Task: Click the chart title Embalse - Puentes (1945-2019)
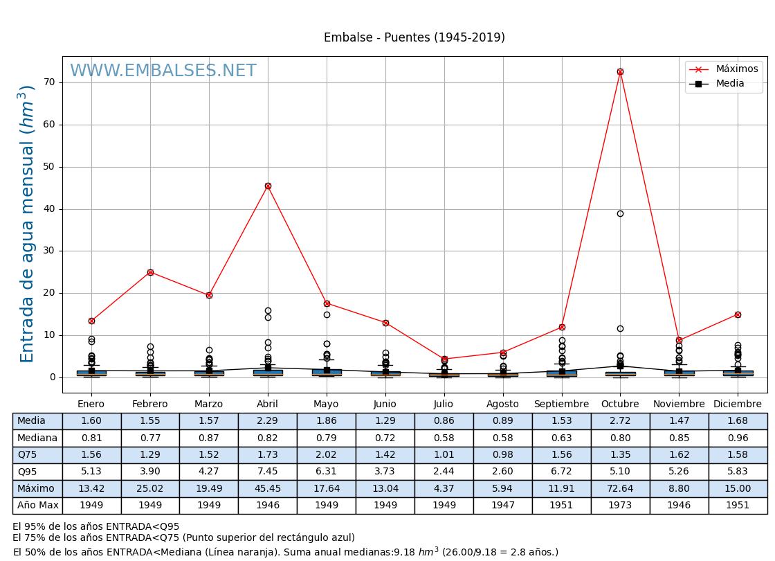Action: coord(414,38)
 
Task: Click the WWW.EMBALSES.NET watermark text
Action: coord(163,71)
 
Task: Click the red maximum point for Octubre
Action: coord(620,71)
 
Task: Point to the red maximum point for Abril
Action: coord(268,186)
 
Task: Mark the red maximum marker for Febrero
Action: coord(150,272)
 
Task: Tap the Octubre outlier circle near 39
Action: coord(620,213)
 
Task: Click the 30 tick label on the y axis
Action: coord(49,251)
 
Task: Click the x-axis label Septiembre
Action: coord(561,404)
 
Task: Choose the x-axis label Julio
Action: coord(444,404)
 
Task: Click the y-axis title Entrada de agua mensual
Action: coord(27,224)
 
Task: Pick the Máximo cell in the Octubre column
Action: coord(620,488)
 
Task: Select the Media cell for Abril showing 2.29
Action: coord(268,421)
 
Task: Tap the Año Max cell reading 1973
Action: coord(620,506)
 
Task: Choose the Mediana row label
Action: coord(37,438)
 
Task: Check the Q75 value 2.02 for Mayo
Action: coord(327,455)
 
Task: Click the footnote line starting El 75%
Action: coord(183,538)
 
